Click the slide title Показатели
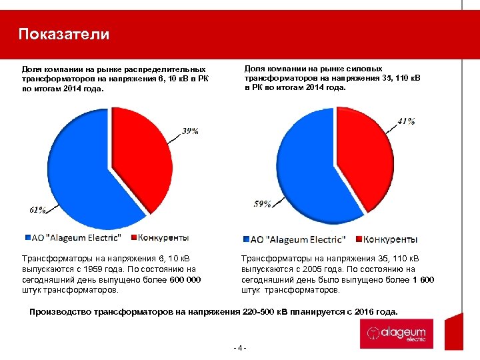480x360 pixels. [64, 35]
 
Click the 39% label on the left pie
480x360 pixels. [191, 131]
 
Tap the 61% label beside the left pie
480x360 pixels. [37, 209]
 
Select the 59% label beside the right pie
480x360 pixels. [262, 204]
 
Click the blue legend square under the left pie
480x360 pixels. [27, 237]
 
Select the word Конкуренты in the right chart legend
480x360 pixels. [393, 239]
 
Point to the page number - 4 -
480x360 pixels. [240, 347]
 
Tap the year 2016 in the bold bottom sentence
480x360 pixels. [361, 311]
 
